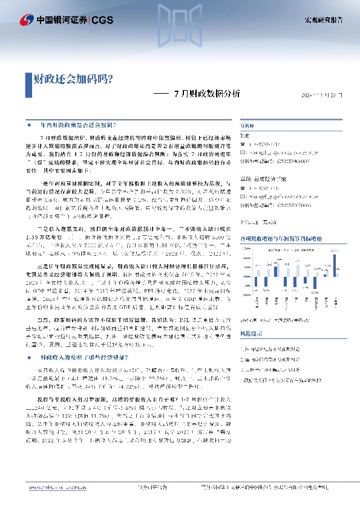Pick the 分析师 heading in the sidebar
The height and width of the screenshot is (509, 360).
[x=248, y=125]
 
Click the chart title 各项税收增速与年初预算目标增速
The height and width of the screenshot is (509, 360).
[x=288, y=238]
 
